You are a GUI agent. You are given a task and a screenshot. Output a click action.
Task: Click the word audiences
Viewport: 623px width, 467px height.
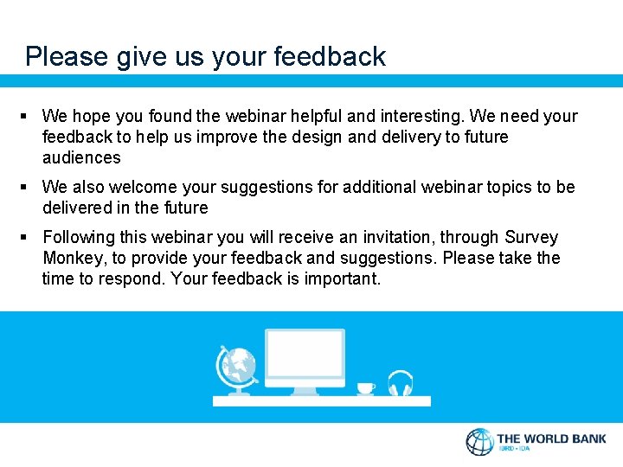click(x=81, y=157)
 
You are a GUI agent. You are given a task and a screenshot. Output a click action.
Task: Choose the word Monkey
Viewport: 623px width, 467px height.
click(x=72, y=258)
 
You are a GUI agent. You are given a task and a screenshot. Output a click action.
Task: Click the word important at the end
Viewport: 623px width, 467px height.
click(x=341, y=278)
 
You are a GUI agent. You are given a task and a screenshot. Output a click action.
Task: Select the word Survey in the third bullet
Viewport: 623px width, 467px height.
click(x=531, y=237)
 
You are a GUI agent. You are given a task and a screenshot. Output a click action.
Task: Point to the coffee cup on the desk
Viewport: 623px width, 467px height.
click(x=365, y=388)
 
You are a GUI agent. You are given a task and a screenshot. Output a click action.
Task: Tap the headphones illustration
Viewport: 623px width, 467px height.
click(x=401, y=383)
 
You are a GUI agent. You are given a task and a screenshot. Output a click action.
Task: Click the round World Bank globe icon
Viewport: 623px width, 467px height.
click(x=479, y=441)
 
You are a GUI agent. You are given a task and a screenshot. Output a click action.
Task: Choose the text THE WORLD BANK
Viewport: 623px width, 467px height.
click(x=551, y=438)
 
